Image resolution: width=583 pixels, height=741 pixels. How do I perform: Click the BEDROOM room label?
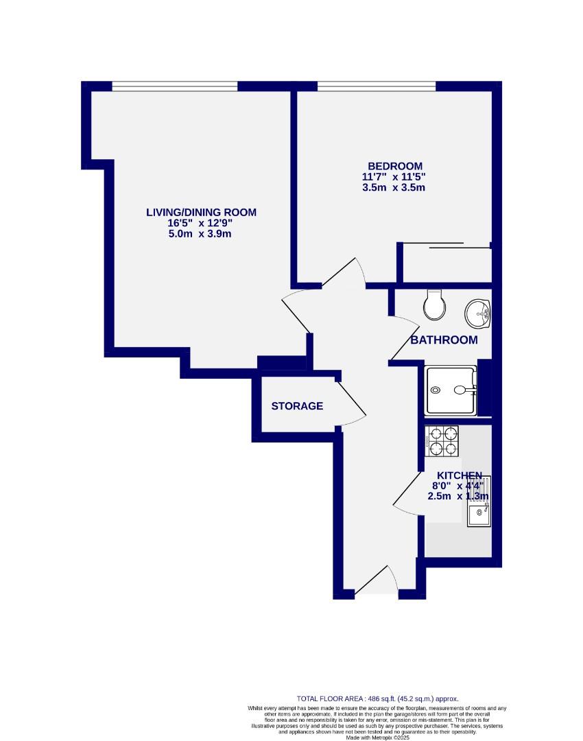(395, 166)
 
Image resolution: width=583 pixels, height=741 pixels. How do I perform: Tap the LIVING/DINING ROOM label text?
(201, 212)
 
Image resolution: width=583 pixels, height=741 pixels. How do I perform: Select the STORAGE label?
(297, 406)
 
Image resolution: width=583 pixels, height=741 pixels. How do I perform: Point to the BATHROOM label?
(444, 340)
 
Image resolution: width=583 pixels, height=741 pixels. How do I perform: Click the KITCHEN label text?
(460, 475)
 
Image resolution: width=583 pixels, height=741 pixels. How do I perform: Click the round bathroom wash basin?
(477, 314)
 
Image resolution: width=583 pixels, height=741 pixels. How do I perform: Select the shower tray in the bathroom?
(451, 390)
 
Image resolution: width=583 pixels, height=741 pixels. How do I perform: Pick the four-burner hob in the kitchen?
(442, 441)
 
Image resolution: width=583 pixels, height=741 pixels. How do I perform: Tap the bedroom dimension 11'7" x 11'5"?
(398, 177)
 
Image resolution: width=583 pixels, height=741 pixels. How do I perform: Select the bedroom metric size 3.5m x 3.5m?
(394, 187)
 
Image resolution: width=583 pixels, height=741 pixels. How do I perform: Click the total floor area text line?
(377, 698)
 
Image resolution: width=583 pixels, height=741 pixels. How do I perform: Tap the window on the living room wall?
(175, 86)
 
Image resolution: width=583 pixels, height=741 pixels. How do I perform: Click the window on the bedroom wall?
(376, 86)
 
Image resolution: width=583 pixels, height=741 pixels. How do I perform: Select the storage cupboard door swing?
(351, 405)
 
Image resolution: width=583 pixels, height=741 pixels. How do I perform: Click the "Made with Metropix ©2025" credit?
(377, 737)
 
